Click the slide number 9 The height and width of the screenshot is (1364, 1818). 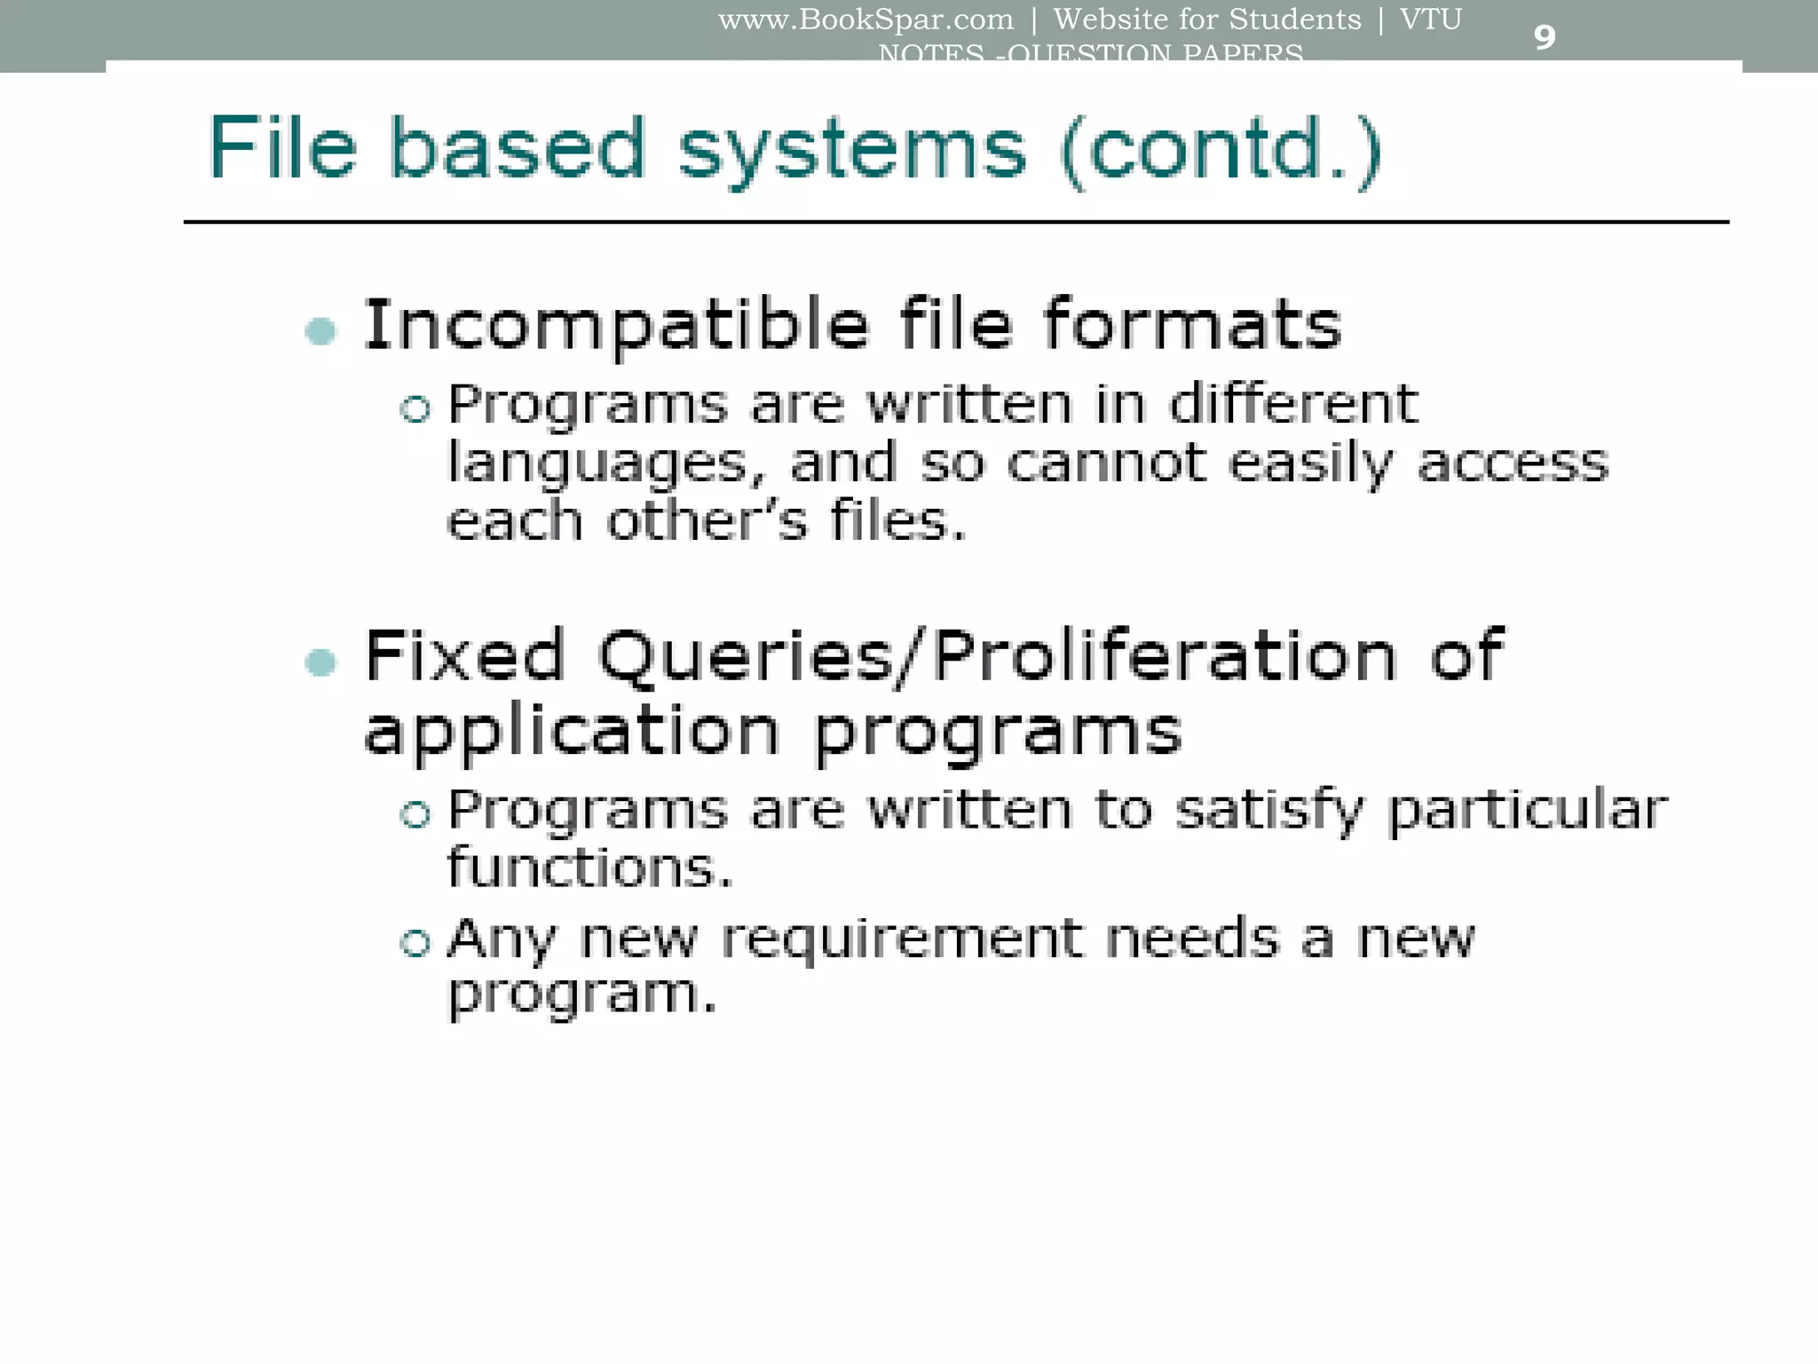[1544, 37]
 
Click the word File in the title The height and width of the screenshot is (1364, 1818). [282, 148]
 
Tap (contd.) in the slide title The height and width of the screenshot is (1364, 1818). [1221, 151]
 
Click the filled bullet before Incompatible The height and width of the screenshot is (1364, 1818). [320, 331]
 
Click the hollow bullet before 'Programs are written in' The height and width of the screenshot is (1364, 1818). [415, 409]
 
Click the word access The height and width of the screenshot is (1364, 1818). [1513, 464]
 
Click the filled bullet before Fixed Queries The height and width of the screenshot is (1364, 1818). [320, 662]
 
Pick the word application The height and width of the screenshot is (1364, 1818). [572, 732]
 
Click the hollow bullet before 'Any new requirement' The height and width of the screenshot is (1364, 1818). [415, 942]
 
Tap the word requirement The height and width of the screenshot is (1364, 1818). [902, 940]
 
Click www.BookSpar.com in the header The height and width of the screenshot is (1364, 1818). [866, 20]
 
